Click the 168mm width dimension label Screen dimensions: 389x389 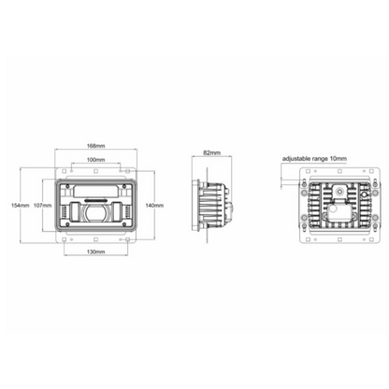pyautogui.click(x=94, y=146)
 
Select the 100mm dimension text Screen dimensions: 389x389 pyautogui.click(x=94, y=160)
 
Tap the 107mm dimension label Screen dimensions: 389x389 pyautogui.click(x=40, y=205)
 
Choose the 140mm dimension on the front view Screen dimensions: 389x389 pyautogui.click(x=154, y=205)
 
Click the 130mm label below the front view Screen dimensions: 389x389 pyautogui.click(x=94, y=252)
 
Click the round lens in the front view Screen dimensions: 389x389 pyautogui.click(x=94, y=215)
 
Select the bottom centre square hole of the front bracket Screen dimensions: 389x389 pyautogui.click(x=94, y=238)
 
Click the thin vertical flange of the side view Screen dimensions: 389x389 pyautogui.click(x=194, y=205)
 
